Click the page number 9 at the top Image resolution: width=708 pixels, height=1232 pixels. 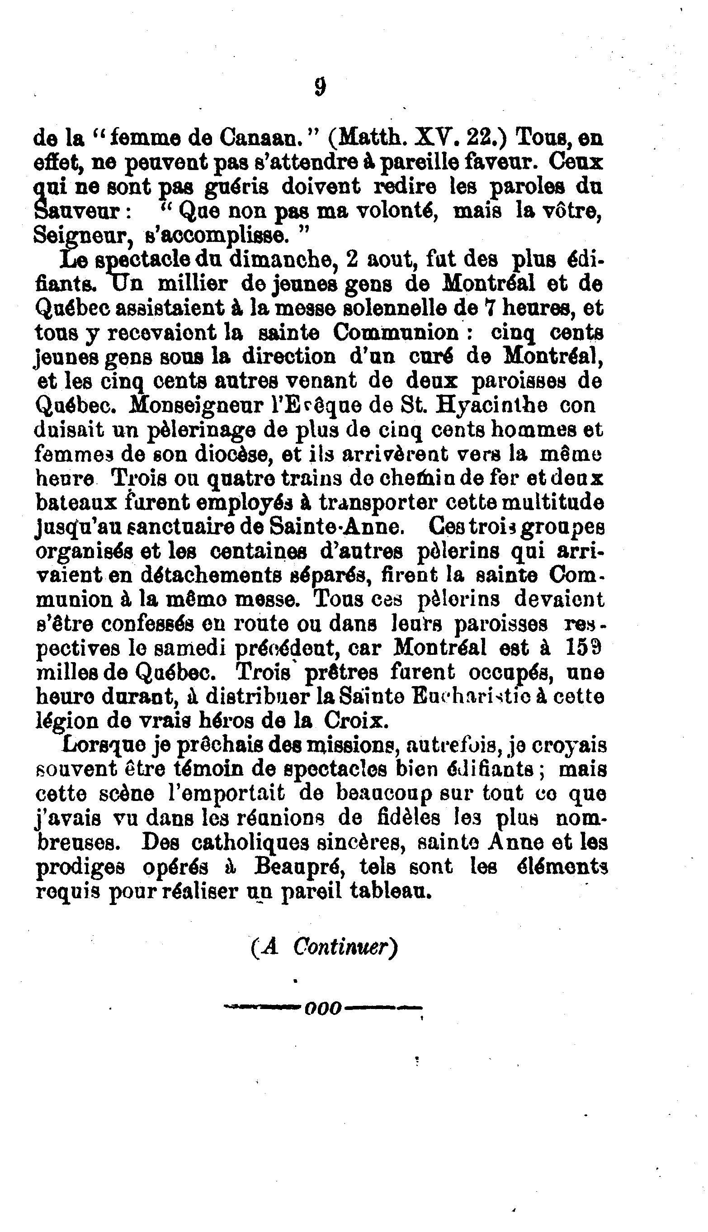click(x=320, y=88)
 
